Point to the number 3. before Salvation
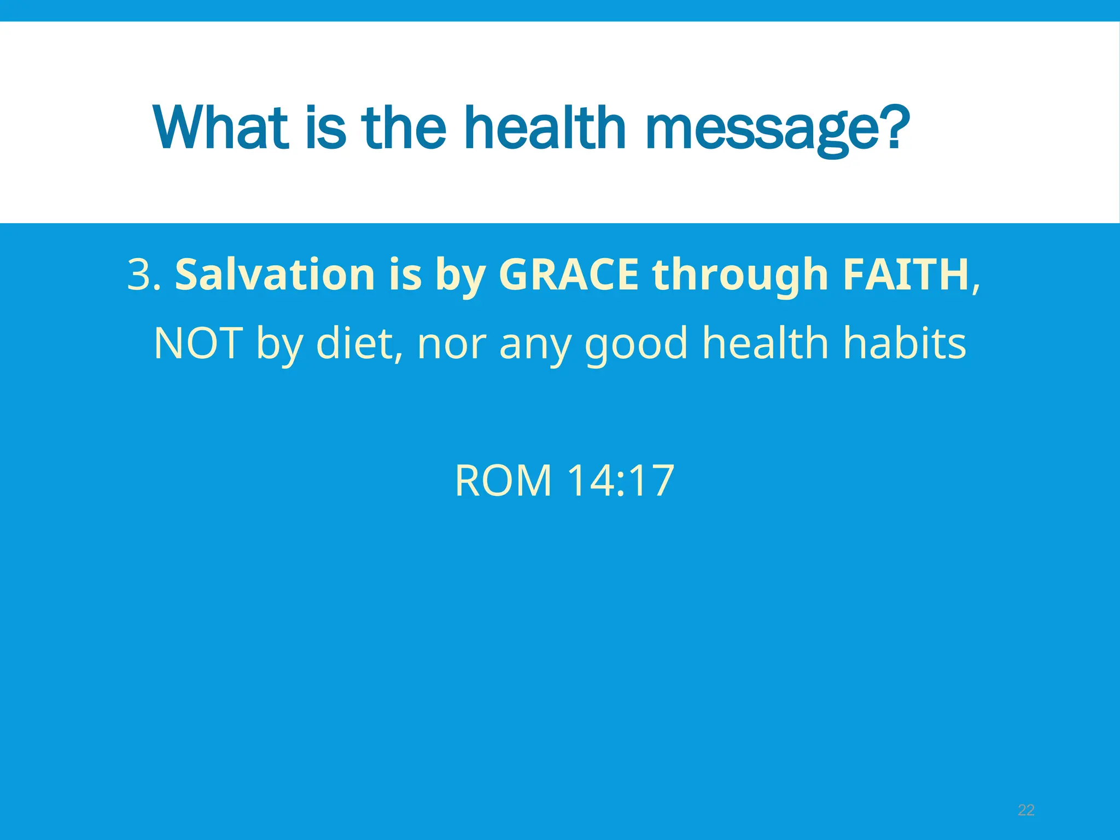(144, 274)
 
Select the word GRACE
(569, 274)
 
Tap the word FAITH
(906, 274)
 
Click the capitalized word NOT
(198, 343)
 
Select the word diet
(359, 343)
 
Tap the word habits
(905, 343)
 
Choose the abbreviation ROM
(503, 481)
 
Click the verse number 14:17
(620, 481)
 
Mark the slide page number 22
(1026, 810)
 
